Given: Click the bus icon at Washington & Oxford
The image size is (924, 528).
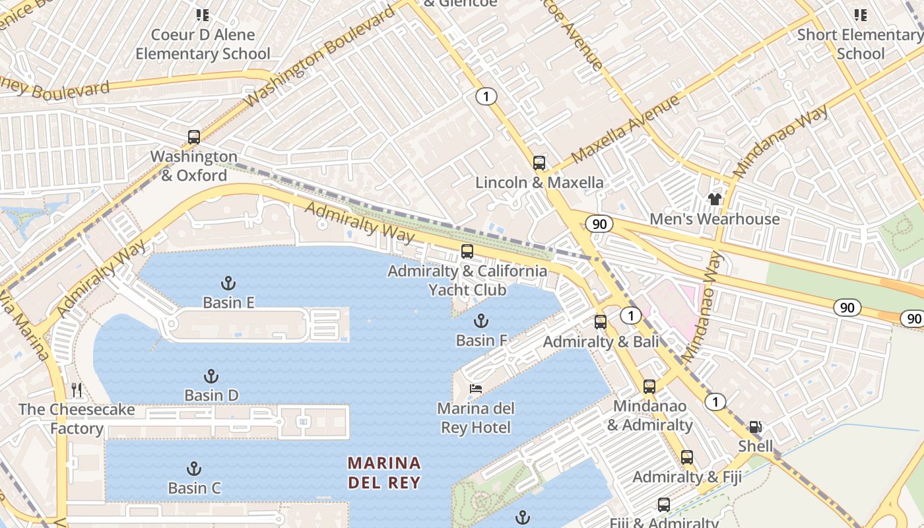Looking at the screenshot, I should coord(193,137).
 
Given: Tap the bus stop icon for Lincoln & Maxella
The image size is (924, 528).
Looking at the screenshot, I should coord(539,163).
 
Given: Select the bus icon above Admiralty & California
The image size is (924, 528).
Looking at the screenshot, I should coord(467,251).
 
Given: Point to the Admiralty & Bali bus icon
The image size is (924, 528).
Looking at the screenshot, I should coord(601,322).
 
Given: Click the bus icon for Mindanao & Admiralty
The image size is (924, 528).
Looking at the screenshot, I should coord(649,387).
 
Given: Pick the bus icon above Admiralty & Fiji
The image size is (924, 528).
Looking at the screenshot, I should coord(687,457).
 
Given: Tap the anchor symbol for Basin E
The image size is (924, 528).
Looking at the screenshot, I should coord(228,283).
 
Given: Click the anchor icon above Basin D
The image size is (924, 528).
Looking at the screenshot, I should coord(211,376).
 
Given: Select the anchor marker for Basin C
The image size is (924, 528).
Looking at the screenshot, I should coord(193,469).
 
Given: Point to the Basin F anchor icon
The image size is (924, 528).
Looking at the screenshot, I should coord(481,321).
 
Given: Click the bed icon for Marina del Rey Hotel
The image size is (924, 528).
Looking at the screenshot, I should coord(475,389).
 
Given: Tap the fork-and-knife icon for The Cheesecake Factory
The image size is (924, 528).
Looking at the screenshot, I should coord(77,390).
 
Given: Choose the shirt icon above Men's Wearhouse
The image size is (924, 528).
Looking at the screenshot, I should coord(714,199).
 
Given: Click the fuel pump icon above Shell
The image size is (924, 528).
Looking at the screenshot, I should coord(755,427).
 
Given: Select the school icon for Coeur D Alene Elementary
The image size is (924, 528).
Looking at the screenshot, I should coord(203,15).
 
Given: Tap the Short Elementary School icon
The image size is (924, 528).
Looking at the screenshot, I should coord(860,15).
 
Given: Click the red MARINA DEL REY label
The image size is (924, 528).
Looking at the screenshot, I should coord(384,472).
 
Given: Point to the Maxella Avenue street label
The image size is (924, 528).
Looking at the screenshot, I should coord(625,129).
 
